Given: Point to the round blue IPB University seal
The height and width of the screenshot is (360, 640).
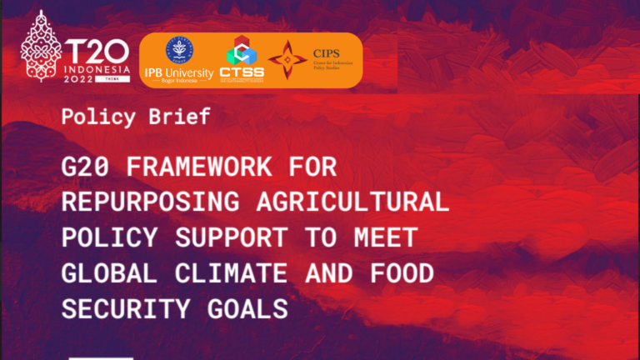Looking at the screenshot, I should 178,49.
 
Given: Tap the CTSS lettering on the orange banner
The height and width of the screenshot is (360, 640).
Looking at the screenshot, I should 242,72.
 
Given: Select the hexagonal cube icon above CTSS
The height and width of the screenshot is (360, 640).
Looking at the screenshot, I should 241,50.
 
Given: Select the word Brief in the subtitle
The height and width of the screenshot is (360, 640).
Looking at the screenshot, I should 181,117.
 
